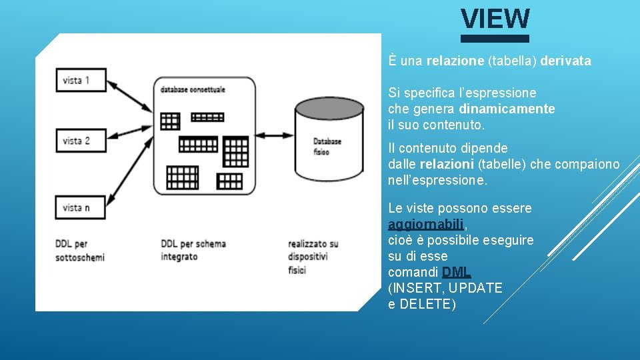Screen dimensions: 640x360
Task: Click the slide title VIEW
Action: coord(495,19)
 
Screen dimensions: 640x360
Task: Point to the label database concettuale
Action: coord(193,89)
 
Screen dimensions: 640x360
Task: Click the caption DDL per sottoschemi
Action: coord(80,250)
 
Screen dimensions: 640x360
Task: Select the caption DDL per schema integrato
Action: coord(193,250)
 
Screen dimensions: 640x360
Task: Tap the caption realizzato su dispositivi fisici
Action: coord(313,257)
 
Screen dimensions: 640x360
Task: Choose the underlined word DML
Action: coord(457,272)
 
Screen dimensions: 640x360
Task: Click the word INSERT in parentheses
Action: coord(417,288)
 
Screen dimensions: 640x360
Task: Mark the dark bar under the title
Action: coord(495,39)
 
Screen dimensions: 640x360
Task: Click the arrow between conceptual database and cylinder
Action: coord(275,135)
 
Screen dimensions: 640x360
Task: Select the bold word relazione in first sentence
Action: coord(455,61)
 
